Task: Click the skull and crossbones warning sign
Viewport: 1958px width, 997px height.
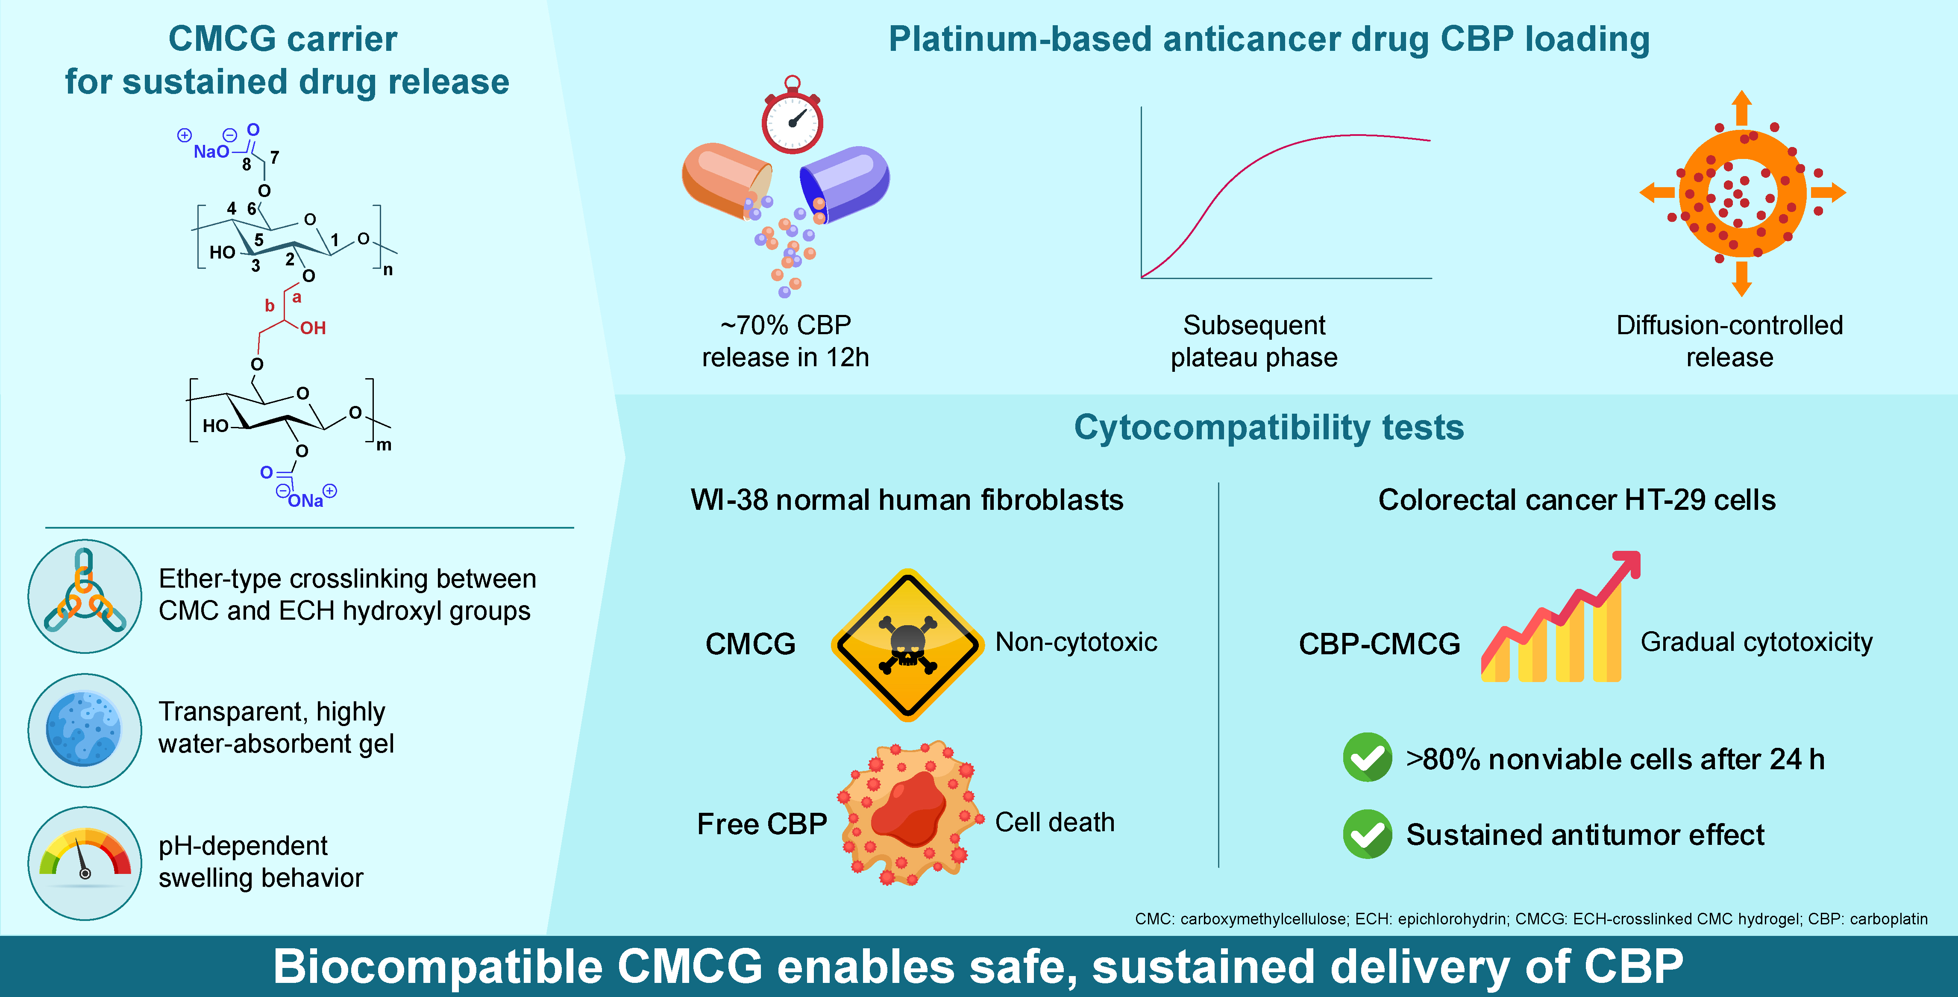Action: point(907,645)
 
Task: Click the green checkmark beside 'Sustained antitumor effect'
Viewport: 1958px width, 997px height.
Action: point(1368,834)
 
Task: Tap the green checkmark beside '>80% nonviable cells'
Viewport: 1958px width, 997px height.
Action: point(1368,757)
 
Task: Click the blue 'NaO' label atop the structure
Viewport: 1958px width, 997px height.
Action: point(211,151)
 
